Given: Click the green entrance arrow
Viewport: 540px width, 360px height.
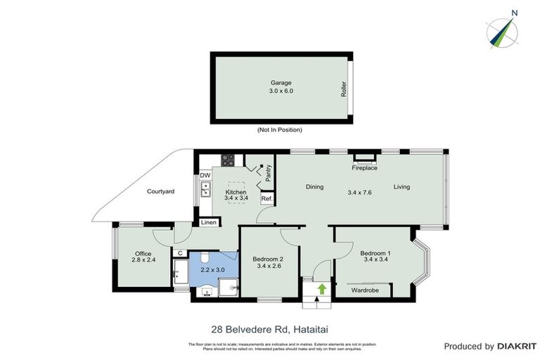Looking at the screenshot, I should pyautogui.click(x=322, y=288).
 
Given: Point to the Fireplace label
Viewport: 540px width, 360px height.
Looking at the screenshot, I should pyautogui.click(x=364, y=168).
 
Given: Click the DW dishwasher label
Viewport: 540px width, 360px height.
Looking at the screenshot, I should pyautogui.click(x=205, y=175).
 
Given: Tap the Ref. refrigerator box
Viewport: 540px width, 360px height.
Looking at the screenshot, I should pyautogui.click(x=266, y=199).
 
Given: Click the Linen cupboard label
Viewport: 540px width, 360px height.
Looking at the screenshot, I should pyautogui.click(x=208, y=223).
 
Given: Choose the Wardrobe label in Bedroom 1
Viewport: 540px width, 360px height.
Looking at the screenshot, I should pyautogui.click(x=366, y=289).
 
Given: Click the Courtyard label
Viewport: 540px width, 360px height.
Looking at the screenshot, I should pyautogui.click(x=160, y=191).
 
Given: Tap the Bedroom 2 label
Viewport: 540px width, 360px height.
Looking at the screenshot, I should pyautogui.click(x=267, y=262).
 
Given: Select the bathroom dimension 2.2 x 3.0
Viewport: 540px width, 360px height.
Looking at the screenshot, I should pyautogui.click(x=213, y=269).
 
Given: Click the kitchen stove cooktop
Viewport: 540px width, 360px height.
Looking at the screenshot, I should pyautogui.click(x=227, y=159).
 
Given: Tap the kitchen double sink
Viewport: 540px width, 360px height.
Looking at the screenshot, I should pyautogui.click(x=205, y=188).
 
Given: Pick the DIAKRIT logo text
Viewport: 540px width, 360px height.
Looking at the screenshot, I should pyautogui.click(x=511, y=346).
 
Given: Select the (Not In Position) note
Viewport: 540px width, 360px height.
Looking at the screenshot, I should pyautogui.click(x=279, y=130).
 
